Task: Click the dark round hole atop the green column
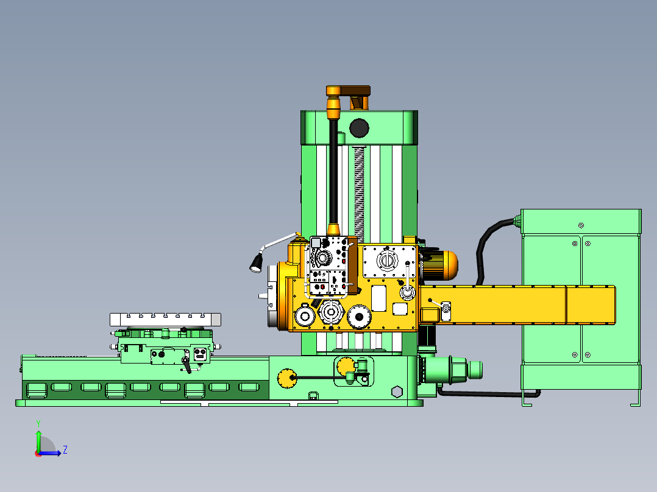click(x=359, y=128)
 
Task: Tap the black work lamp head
click(x=256, y=263)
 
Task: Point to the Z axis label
click(x=65, y=450)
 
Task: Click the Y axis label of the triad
click(x=38, y=423)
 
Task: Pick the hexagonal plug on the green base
click(x=397, y=391)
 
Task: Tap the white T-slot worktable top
click(x=165, y=319)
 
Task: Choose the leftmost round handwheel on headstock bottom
click(x=304, y=316)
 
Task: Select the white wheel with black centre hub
click(x=332, y=312)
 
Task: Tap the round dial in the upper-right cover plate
click(x=385, y=261)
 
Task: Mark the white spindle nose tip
click(x=262, y=296)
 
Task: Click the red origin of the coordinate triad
click(x=38, y=452)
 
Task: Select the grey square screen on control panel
click(x=316, y=243)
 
